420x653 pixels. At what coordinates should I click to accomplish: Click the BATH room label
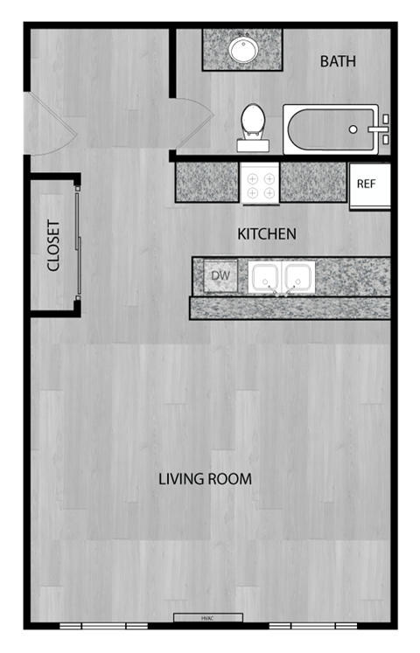point(338,61)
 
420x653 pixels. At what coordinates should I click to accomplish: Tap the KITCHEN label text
point(267,234)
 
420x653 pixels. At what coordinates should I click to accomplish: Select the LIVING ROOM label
point(205,479)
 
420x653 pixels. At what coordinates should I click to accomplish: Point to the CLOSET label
point(53,245)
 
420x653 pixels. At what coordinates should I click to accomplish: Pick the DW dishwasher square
point(221,277)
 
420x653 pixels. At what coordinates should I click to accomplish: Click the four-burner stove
point(260,184)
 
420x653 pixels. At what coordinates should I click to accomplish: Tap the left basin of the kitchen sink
point(264,277)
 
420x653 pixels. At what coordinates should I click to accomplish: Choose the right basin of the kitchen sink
point(298,277)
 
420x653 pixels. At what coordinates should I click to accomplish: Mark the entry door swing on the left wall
point(51,125)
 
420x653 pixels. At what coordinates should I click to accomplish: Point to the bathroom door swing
point(192,121)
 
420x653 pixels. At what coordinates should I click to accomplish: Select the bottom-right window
point(312,626)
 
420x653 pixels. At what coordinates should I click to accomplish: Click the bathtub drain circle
point(353,129)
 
